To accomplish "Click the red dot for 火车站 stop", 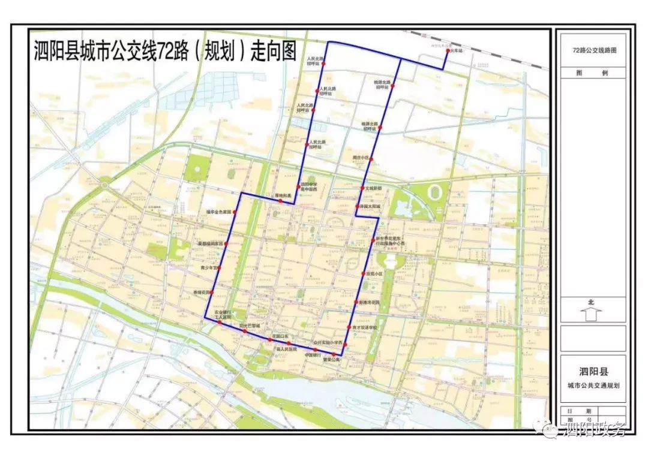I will pyautogui.click(x=448, y=52).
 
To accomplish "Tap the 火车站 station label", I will pyautogui.click(x=458, y=52).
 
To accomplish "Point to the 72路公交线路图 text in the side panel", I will pyautogui.click(x=594, y=51).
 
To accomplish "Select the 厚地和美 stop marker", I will pyautogui.click(x=280, y=201).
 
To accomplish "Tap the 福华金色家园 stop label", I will pyautogui.click(x=218, y=212).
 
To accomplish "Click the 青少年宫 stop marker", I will pyautogui.click(x=219, y=267).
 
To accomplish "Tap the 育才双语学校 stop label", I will pyautogui.click(x=365, y=327).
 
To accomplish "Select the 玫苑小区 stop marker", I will pyautogui.click(x=363, y=274).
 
